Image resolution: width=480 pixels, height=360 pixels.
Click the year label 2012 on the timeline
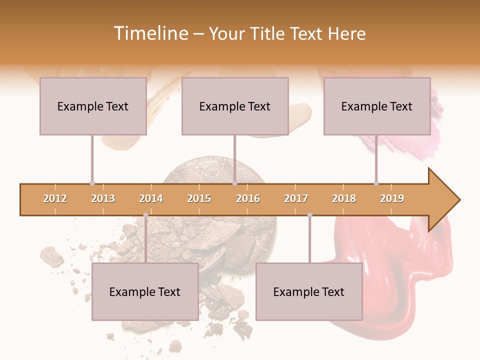point(55,198)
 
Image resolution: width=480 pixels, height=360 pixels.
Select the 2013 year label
point(103,198)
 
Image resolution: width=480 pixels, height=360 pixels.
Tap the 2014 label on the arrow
point(151,198)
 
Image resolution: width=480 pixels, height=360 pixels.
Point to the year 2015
point(199,198)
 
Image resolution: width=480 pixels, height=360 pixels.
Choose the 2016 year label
point(248,198)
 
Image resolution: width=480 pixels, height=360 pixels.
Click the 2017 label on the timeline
point(296,198)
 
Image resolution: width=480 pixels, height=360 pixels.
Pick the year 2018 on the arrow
point(344,198)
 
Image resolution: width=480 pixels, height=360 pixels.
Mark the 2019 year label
point(392,198)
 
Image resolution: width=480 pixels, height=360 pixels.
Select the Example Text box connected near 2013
point(93,106)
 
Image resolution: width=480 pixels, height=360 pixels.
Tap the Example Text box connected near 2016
point(235,106)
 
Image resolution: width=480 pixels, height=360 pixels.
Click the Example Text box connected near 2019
point(377,106)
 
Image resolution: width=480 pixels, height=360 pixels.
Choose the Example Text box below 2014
point(145,291)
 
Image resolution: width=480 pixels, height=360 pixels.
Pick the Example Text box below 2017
point(309,291)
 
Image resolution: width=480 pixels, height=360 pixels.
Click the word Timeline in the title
point(150,33)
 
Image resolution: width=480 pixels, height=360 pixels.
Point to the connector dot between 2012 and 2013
point(92,183)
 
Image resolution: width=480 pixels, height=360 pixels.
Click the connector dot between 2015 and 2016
point(234,183)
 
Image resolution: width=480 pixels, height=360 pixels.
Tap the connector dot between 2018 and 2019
point(376,183)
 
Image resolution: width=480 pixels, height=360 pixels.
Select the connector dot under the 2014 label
point(145,215)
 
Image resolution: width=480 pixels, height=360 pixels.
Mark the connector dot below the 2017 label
point(309,215)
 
